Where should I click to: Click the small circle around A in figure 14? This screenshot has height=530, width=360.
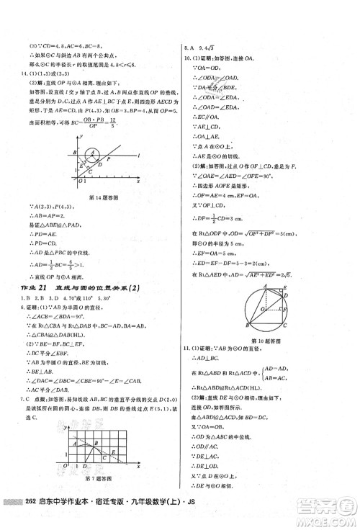(93, 154)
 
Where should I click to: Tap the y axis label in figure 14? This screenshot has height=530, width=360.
(81, 135)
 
